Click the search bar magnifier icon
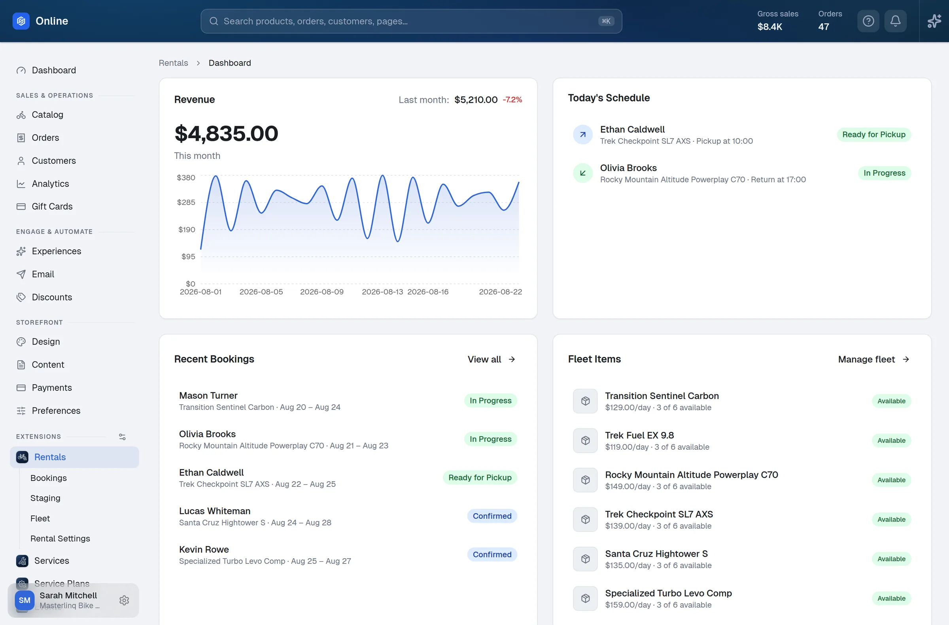(x=214, y=21)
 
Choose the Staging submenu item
(x=45, y=498)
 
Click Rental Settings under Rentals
(x=60, y=539)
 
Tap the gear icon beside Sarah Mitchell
(x=124, y=600)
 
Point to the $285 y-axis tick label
(x=186, y=203)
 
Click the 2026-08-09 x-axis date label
(x=321, y=292)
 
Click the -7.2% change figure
(x=512, y=99)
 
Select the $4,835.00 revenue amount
(x=226, y=133)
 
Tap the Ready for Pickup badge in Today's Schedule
(x=874, y=135)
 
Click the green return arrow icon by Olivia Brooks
(x=583, y=173)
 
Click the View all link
(x=491, y=360)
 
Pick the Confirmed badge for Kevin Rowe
(x=492, y=554)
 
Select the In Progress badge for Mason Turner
(x=490, y=401)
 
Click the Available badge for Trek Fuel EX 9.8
(x=892, y=441)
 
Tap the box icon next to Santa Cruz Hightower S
(x=586, y=559)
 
